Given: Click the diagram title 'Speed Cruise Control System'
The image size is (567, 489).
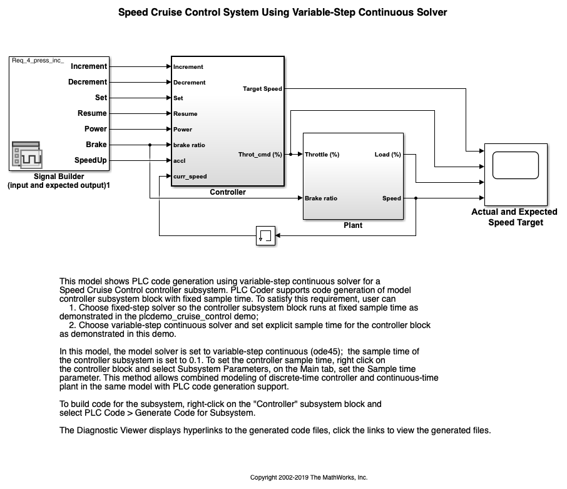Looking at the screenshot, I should point(283,12).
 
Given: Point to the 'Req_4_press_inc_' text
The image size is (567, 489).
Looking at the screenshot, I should point(38,60).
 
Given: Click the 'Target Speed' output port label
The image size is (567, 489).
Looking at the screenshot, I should point(262,89).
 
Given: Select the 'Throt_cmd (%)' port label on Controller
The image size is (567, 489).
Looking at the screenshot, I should point(260,154).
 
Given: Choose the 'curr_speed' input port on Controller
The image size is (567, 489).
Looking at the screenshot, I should point(190,177).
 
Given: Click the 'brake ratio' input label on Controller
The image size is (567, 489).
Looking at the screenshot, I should point(189,145).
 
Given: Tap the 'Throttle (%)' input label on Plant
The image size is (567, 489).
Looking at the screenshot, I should point(322,154).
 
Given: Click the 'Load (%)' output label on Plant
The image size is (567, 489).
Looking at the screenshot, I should point(387,154).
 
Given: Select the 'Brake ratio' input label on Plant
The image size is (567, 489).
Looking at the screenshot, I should point(321,198).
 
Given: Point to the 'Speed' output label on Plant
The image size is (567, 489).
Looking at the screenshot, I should point(391,198).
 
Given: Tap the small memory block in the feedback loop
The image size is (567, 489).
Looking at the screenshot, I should point(265,236).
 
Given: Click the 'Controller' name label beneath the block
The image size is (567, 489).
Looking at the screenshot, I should point(228,192).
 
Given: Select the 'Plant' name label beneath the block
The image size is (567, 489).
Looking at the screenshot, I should point(353,225).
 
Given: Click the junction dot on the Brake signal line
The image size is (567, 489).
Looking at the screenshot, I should point(150,145).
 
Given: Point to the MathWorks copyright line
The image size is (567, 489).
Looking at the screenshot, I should point(309,477).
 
